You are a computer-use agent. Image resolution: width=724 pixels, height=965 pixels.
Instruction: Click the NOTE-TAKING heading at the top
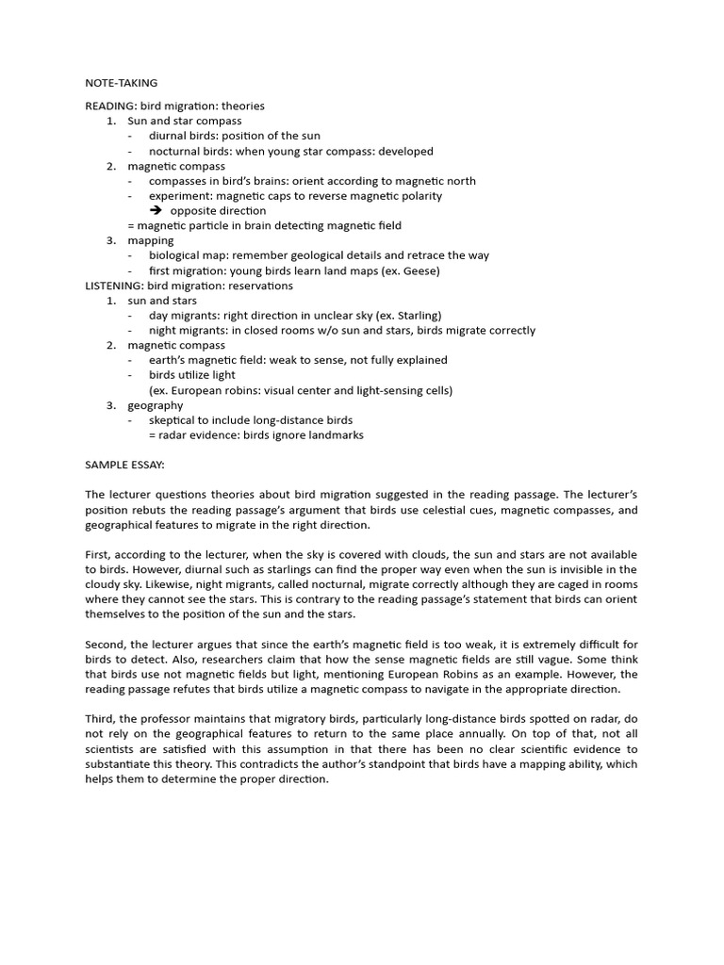[122, 83]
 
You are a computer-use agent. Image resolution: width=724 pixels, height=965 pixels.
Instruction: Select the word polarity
[420, 196]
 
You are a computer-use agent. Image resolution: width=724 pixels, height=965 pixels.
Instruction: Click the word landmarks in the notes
[336, 434]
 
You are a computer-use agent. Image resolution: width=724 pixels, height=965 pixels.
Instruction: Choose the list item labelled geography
[156, 405]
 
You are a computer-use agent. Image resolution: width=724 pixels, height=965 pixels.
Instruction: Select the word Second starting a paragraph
[104, 645]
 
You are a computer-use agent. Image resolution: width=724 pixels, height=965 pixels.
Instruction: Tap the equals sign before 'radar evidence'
[152, 434]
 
